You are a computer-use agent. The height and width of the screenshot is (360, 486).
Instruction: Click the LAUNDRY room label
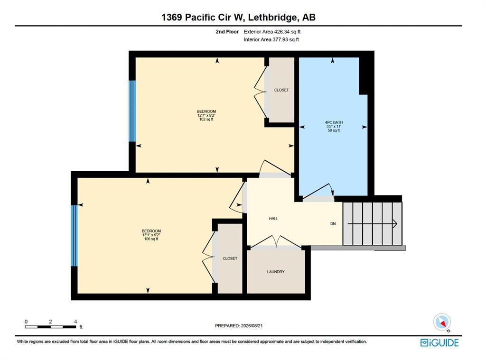(276, 272)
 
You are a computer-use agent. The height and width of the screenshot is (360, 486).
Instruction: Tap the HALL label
(273, 219)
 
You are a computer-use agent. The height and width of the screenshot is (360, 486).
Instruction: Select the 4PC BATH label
(334, 122)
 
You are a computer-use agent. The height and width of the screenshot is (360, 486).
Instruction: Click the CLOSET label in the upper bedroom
(281, 90)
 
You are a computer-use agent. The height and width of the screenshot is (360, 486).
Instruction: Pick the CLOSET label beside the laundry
(230, 258)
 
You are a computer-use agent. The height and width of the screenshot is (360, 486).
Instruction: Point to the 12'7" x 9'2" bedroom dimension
(206, 115)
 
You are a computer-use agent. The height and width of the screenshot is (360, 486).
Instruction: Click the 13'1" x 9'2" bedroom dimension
(151, 235)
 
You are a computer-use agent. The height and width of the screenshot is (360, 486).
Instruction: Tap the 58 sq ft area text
(334, 130)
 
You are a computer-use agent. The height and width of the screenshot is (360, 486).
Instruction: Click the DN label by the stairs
(333, 224)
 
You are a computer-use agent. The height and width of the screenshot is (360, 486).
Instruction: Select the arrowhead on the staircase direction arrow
(395, 223)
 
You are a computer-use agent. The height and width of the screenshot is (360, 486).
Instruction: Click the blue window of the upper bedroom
(132, 111)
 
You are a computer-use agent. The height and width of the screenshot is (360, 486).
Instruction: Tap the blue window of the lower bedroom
(74, 235)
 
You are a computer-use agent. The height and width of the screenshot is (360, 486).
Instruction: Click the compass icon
(442, 322)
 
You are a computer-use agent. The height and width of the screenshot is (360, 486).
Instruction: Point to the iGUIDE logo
(439, 342)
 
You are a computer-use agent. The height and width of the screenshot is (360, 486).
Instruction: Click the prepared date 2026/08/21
(251, 325)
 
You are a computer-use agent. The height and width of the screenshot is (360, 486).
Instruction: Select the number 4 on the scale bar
(75, 322)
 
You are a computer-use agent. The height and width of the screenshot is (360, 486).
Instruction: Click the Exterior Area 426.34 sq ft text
(272, 32)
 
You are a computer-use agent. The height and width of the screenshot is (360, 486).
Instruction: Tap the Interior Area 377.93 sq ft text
(271, 40)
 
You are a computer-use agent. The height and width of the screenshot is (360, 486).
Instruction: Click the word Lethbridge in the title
(272, 18)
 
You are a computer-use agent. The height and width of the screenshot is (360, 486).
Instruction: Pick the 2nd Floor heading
(227, 32)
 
